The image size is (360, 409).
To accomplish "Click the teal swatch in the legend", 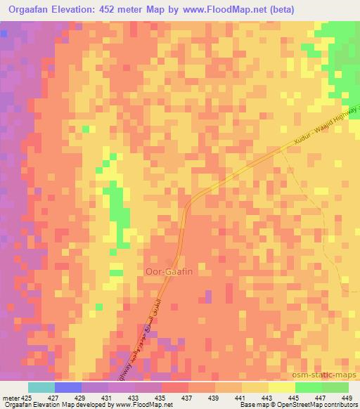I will click(x=41, y=387).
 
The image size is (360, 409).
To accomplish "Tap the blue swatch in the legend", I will click(x=68, y=387).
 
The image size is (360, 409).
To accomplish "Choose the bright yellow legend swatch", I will click(x=281, y=387).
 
